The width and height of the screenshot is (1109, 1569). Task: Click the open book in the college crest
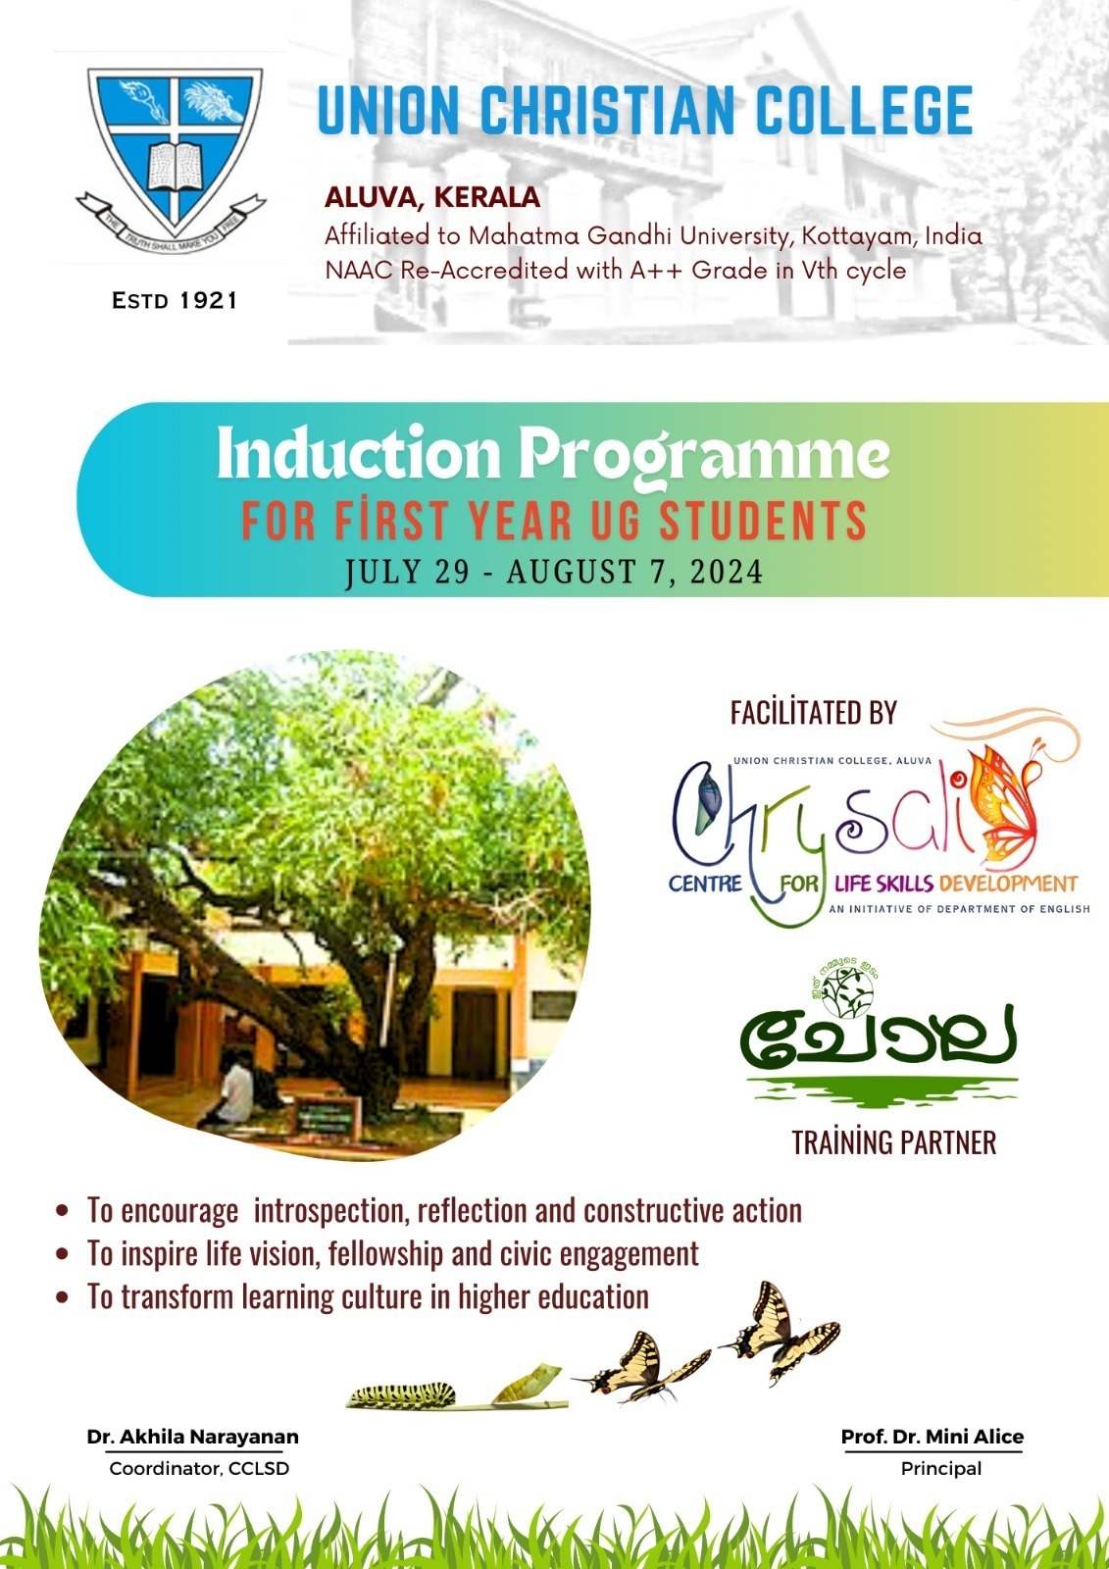pyautogui.click(x=175, y=166)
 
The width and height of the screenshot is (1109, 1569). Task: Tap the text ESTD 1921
pyautogui.click(x=175, y=301)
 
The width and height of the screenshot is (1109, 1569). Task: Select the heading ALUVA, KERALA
pyautogui.click(x=432, y=197)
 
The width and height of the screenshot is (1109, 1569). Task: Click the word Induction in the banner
pyautogui.click(x=358, y=455)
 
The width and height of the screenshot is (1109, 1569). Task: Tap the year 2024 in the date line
pyautogui.click(x=726, y=572)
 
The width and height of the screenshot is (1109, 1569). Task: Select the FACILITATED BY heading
pyautogui.click(x=813, y=713)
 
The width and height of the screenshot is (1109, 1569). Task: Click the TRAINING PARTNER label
pyautogui.click(x=893, y=1142)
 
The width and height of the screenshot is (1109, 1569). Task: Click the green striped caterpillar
pyautogui.click(x=402, y=1393)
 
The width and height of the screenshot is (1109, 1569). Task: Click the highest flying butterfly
pyautogui.click(x=779, y=1329)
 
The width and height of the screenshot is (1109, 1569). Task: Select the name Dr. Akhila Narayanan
pyautogui.click(x=193, y=1437)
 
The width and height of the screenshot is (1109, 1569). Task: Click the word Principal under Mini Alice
pyautogui.click(x=940, y=1468)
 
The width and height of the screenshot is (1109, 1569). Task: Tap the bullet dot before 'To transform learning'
pyautogui.click(x=63, y=1297)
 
